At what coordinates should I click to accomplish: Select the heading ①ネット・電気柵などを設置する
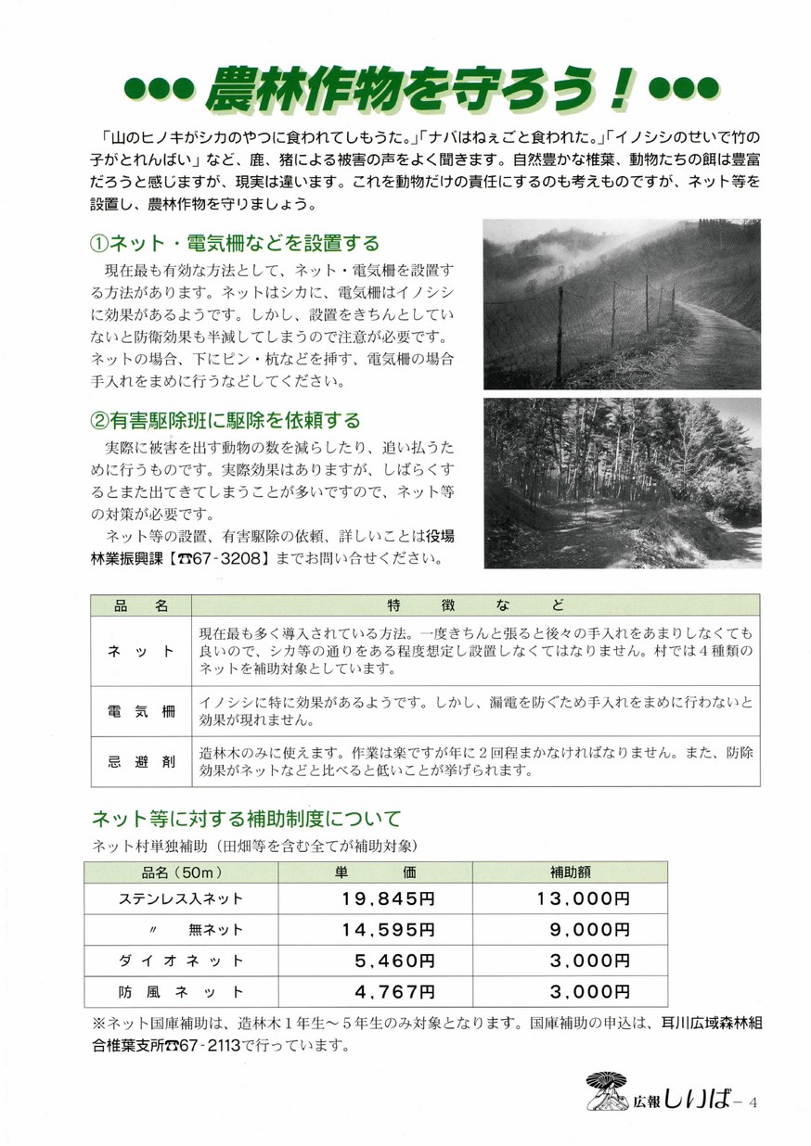tap(236, 244)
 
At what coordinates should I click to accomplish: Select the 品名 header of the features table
tap(141, 605)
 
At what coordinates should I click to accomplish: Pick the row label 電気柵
tap(141, 712)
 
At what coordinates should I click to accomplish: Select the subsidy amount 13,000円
tap(583, 898)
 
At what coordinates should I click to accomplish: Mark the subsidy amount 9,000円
tap(590, 930)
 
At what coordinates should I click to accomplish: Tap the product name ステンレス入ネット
tap(181, 898)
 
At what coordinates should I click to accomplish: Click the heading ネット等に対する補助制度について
tap(246, 819)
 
